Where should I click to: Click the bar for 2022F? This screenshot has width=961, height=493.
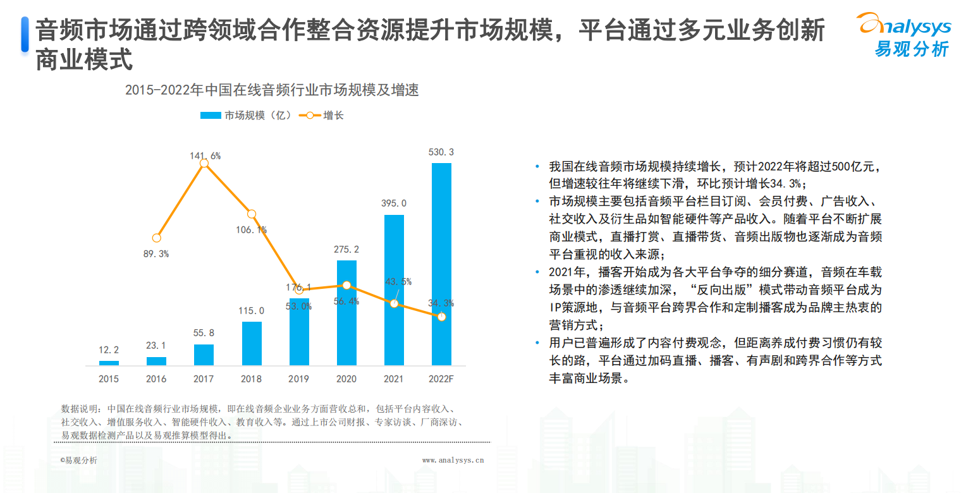(x=441, y=264)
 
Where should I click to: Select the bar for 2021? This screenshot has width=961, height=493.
(x=394, y=290)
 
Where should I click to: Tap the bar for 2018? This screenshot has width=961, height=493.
(x=252, y=343)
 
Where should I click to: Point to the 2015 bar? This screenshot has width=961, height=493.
(x=109, y=363)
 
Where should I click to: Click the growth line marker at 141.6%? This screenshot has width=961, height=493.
(x=204, y=164)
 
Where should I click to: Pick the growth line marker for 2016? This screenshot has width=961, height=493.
(x=157, y=238)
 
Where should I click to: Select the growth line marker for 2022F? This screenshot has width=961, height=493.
(x=441, y=316)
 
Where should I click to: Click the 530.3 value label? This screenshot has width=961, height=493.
(x=441, y=152)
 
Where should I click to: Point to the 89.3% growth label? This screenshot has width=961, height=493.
(x=157, y=254)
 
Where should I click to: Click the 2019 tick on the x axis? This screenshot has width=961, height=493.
(x=298, y=379)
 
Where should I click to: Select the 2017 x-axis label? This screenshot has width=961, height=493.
(x=204, y=379)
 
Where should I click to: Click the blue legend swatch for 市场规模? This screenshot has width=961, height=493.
(x=211, y=115)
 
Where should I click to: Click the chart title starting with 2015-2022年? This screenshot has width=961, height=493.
(x=272, y=90)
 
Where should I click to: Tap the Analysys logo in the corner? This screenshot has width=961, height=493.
(x=905, y=35)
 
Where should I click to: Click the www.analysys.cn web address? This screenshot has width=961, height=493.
(x=453, y=461)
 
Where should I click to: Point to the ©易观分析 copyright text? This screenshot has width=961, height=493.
(x=79, y=461)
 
